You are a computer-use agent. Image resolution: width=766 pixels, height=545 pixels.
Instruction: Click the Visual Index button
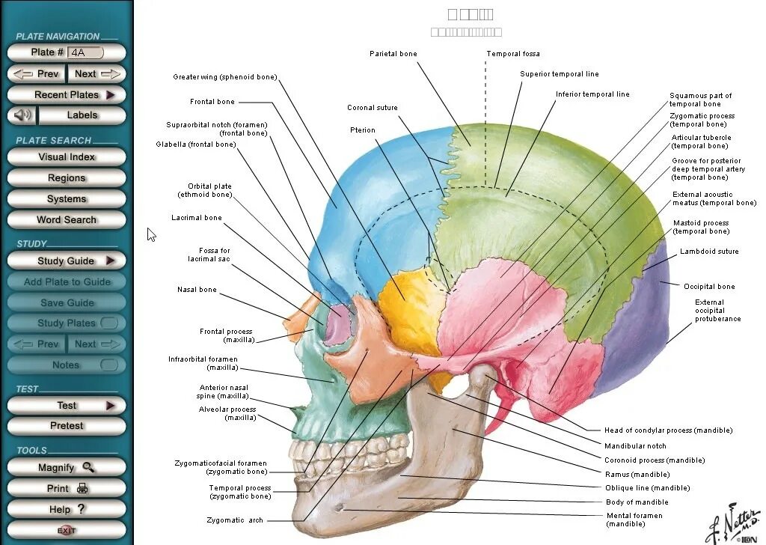[67, 157]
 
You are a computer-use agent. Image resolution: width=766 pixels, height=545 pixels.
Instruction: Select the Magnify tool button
[67, 467]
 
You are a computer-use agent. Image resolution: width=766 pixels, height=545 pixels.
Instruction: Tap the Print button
[67, 488]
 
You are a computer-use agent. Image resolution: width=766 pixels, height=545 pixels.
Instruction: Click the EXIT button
[67, 530]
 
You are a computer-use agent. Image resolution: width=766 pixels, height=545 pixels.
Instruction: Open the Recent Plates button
[67, 95]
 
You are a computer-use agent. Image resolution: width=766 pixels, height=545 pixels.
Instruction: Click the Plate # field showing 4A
[85, 52]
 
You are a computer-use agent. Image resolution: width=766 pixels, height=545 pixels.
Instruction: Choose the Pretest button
[67, 425]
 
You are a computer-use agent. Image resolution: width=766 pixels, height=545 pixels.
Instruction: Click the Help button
[67, 509]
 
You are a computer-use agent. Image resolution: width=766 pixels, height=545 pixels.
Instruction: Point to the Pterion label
[363, 130]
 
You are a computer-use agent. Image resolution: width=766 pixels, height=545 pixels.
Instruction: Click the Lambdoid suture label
[708, 252]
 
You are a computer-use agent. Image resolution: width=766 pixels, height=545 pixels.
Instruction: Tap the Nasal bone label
[197, 290]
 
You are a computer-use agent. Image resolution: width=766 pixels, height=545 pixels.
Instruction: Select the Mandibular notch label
[635, 446]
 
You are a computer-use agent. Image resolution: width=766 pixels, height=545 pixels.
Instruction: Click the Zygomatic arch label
[235, 520]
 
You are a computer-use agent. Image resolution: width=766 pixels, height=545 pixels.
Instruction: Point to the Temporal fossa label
[513, 54]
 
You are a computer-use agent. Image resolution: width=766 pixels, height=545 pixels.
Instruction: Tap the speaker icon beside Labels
[23, 115]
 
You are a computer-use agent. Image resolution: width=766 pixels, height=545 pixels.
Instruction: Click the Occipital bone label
[709, 287]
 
